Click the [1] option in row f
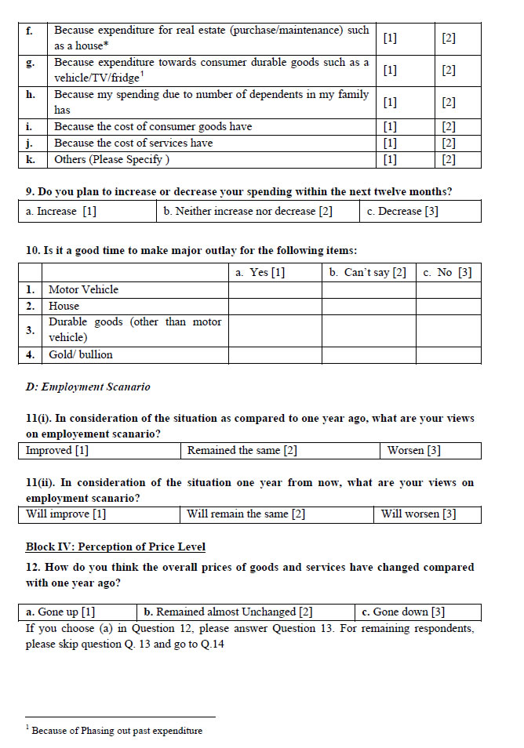pos(390,38)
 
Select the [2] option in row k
pos(449,159)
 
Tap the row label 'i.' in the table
pos(30,126)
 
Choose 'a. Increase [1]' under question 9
pos(61,211)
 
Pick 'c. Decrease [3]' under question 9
pos(402,211)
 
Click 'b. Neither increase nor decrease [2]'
pos(248,211)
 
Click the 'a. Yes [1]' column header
pos(260,272)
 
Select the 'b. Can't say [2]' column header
pos(368,272)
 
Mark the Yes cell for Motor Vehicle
pos(275,289)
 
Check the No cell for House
pos(448,306)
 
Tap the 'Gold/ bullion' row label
pos(81,354)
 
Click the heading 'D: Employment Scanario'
pos(88,387)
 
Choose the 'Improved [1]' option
pos(57,451)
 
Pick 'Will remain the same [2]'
pos(246,514)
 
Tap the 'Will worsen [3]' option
pos(418,514)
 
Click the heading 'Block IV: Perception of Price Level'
pos(115,546)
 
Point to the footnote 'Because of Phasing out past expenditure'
pos(117,730)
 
